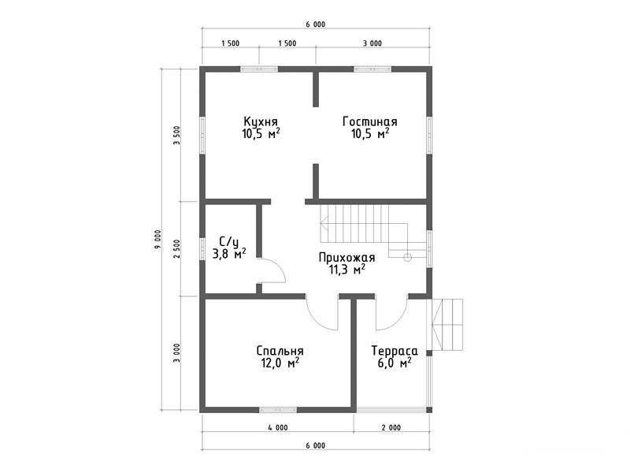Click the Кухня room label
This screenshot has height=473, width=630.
pos(261,121)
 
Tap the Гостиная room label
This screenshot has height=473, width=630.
pos(370,121)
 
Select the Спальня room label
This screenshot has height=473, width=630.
pos(280,351)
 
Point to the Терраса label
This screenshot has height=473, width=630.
pos(395,351)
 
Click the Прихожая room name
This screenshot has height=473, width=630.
pos(346,258)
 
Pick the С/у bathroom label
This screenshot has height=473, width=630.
pos(229,241)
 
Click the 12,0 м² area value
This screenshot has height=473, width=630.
pos(280,363)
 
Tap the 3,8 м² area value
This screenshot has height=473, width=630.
pos(229,254)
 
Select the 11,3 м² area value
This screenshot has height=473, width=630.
pos(347,270)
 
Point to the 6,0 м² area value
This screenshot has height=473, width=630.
pos(394,363)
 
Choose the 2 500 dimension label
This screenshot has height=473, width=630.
pos(176,249)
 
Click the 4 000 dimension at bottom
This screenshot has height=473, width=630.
pos(278,427)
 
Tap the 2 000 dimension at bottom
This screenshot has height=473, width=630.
pos(391,427)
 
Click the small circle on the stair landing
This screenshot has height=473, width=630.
pos(407,258)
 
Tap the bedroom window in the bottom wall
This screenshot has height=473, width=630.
pos(278,410)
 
